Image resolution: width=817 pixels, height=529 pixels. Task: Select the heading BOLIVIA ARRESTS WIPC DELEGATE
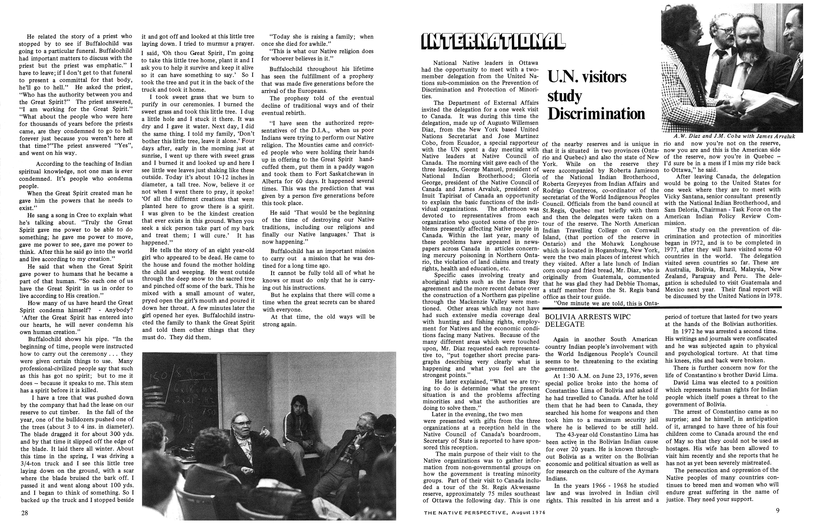tap(588, 320)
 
